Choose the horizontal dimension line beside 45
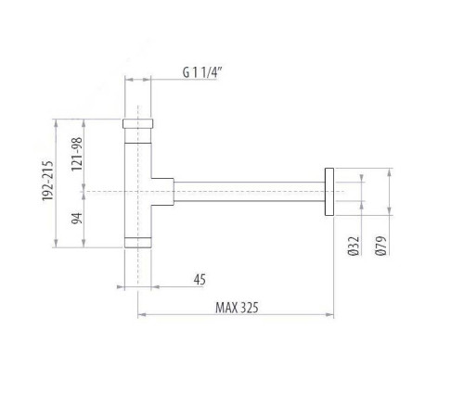(x=139, y=287)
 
